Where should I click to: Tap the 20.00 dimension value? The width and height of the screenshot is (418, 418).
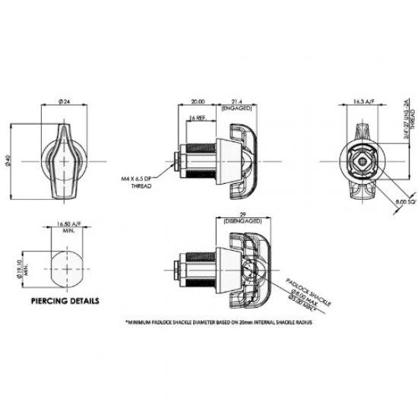point(199,101)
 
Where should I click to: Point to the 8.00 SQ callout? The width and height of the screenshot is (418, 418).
point(406,203)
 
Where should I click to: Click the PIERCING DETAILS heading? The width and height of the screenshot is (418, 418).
point(65,301)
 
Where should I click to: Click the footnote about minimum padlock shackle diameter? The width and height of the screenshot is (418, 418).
point(220,321)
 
